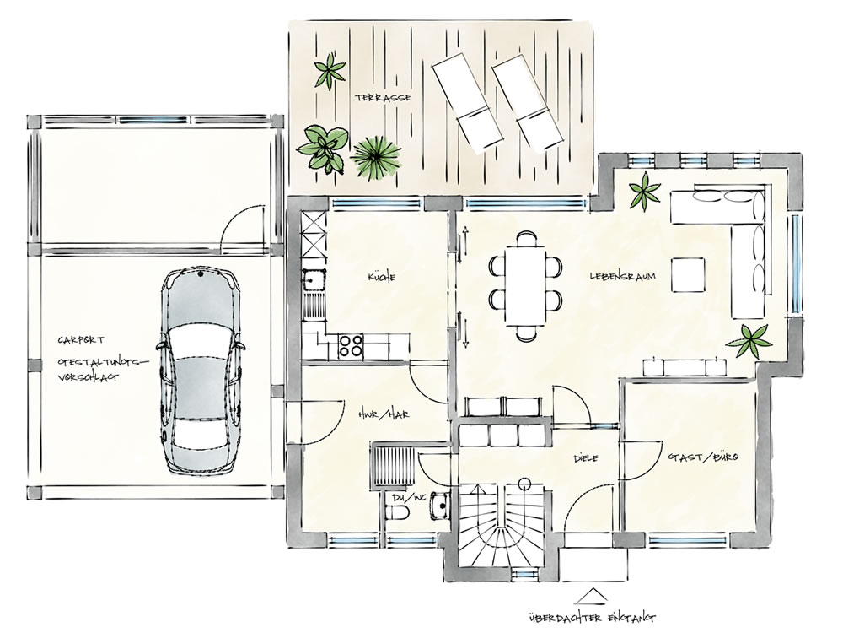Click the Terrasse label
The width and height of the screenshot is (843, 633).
[x=383, y=97]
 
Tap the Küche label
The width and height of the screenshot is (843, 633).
[x=382, y=277]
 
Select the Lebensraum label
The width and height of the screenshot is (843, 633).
[x=623, y=276]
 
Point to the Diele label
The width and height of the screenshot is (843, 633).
[x=586, y=458]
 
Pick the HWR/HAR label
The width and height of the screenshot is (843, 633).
[x=384, y=414]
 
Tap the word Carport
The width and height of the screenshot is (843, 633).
[x=81, y=340]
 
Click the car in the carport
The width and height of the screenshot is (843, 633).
[x=200, y=371]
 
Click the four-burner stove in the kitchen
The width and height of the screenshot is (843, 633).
[x=350, y=345]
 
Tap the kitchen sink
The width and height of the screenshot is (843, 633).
[x=313, y=280]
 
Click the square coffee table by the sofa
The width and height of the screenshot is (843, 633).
[x=688, y=274]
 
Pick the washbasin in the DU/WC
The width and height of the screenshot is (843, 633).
[x=439, y=505]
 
